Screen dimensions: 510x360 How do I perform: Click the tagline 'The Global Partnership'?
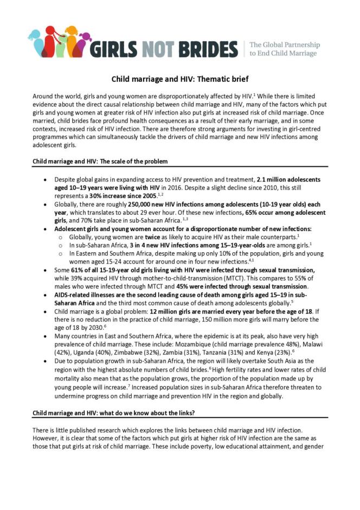tap(284, 44)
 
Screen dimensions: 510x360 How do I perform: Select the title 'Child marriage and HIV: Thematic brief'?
tap(179, 79)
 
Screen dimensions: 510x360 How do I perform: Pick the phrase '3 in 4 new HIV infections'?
tap(168, 245)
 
